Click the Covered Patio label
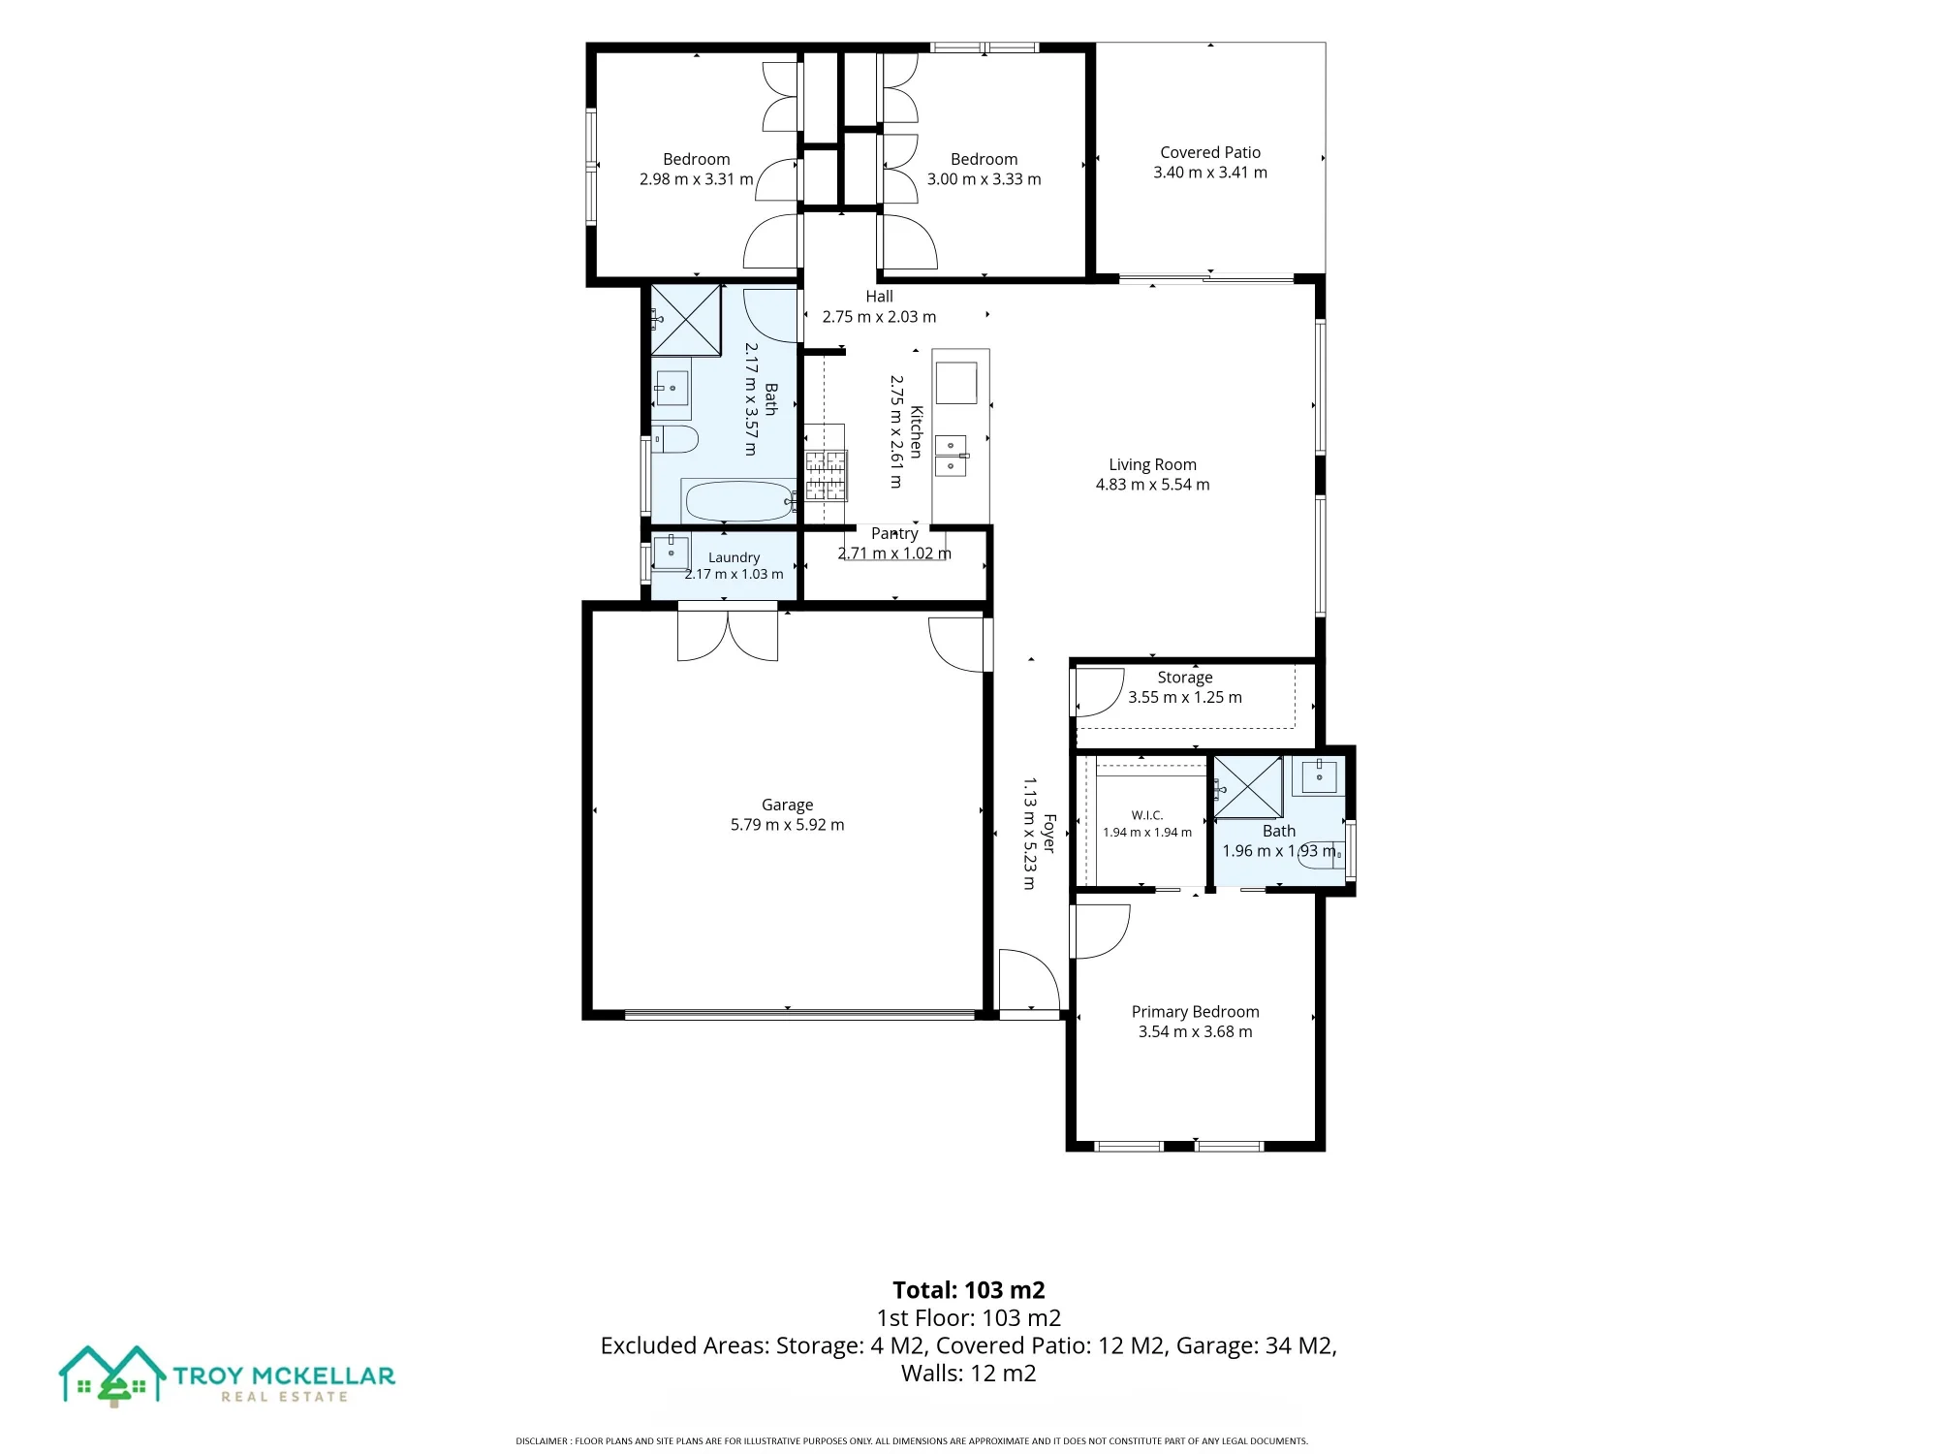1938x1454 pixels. coord(1210,152)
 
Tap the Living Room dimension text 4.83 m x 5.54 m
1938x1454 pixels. coord(1152,485)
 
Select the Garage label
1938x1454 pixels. coord(787,805)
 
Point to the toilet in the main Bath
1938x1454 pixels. coord(674,439)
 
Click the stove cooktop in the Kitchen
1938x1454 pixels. coord(826,475)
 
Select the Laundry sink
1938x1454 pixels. coord(671,553)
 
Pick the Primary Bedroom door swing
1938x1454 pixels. coord(1101,931)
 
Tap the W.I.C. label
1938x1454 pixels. coord(1147,815)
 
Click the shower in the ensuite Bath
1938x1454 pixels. coord(1248,787)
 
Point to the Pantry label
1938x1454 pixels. coord(894,533)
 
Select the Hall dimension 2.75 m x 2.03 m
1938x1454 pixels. coord(879,317)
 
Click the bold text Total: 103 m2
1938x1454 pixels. coord(969,1290)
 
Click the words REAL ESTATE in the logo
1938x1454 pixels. coord(284,1397)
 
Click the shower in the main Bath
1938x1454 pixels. coord(686,320)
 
